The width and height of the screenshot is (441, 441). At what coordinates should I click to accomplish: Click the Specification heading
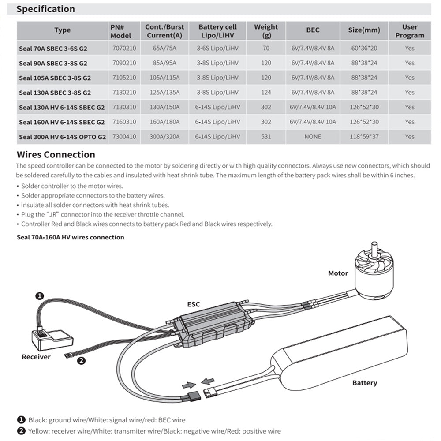pyautogui.click(x=45, y=9)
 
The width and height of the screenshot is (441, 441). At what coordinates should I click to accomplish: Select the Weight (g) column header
pyautogui.click(x=266, y=31)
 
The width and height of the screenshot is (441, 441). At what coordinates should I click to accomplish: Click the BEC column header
pyautogui.click(x=313, y=30)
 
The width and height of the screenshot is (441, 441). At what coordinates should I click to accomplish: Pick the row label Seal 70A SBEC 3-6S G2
pyautogui.click(x=53, y=48)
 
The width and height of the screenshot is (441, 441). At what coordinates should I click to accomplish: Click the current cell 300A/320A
pyautogui.click(x=164, y=137)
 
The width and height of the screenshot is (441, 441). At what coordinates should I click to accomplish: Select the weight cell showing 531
pyautogui.click(x=266, y=137)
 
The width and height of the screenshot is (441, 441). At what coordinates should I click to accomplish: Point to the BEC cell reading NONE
pyautogui.click(x=313, y=137)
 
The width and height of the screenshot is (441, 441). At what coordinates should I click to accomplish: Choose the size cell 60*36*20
pyautogui.click(x=364, y=48)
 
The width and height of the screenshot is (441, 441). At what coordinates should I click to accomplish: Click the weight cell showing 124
pyautogui.click(x=266, y=92)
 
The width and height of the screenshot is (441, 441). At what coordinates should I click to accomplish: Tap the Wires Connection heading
pyautogui.click(x=56, y=155)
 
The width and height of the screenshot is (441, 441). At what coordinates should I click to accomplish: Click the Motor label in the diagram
pyautogui.click(x=338, y=273)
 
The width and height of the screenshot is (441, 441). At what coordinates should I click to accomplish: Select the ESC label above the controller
pyautogui.click(x=194, y=304)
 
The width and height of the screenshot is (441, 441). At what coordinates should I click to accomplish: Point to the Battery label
pyautogui.click(x=365, y=383)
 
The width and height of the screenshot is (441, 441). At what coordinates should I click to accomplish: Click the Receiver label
pyautogui.click(x=36, y=357)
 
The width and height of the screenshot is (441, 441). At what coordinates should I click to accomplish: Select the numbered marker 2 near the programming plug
pyautogui.click(x=81, y=360)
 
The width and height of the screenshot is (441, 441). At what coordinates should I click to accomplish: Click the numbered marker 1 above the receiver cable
pyautogui.click(x=39, y=296)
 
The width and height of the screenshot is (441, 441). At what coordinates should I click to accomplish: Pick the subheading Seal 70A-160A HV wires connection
pyautogui.click(x=71, y=237)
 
